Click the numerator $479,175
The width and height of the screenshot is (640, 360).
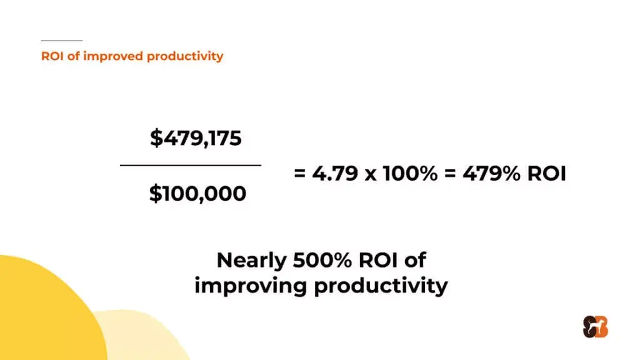196,138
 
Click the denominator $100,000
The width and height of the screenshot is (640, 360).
197,194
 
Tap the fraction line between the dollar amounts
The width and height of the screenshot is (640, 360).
191,165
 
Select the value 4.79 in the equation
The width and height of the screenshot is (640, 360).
335,173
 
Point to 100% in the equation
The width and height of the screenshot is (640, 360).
410,173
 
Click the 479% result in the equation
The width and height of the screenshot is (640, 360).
491,173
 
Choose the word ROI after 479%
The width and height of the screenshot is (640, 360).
547,173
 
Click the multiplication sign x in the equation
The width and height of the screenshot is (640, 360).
371,175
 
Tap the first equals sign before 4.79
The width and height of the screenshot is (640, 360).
299,174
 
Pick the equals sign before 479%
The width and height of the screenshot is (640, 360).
450,174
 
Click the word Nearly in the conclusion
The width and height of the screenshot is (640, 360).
251,261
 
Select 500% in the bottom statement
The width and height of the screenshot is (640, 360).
322,260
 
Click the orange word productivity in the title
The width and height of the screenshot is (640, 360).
185,56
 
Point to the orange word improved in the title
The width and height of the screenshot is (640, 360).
113,56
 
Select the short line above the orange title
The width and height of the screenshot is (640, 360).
62,41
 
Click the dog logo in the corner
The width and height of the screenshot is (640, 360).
596,327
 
